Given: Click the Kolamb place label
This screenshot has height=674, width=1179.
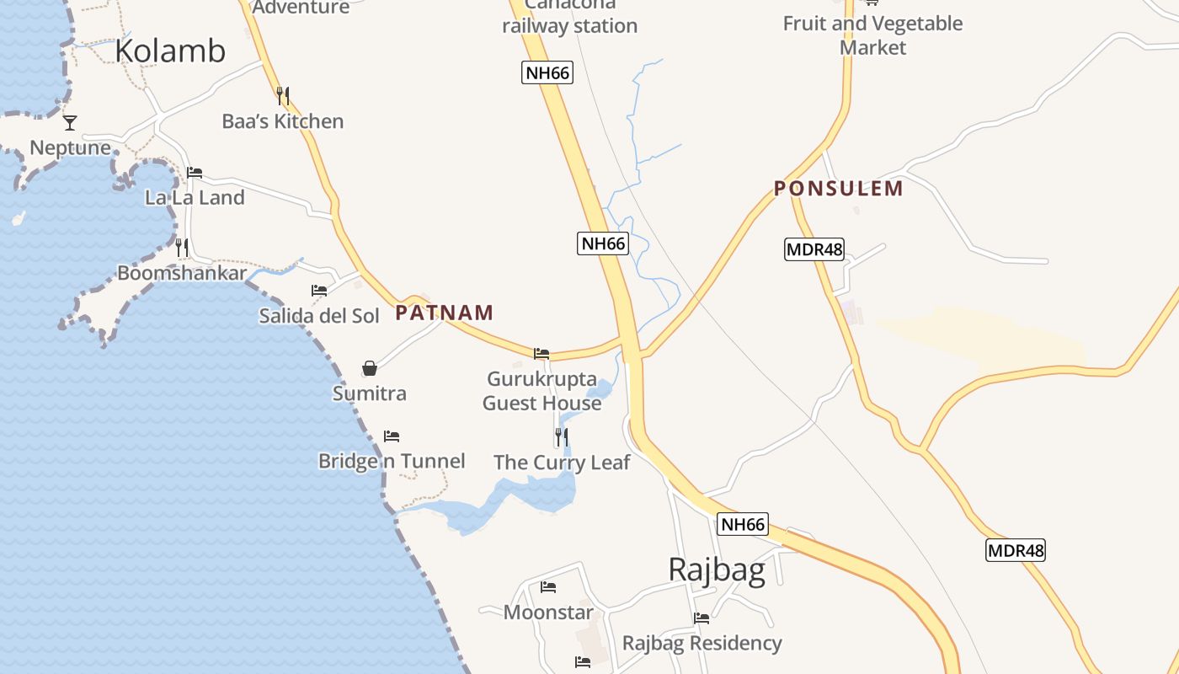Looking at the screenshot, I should point(170,51).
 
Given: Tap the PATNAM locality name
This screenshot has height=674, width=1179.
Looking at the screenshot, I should point(445,313).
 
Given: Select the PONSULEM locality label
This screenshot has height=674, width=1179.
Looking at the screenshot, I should point(839,189).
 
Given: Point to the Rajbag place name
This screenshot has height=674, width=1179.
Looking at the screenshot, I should point(717,570).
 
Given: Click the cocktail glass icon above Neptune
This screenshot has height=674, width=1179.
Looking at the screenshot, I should point(70,123).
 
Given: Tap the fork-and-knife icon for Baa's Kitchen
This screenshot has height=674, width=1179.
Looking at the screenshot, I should point(283,96).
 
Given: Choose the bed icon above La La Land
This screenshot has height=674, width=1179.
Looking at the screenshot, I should point(195,173).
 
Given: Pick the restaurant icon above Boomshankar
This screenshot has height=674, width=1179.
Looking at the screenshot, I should point(182,248).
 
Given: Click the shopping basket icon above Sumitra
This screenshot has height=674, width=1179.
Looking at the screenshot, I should point(370,368).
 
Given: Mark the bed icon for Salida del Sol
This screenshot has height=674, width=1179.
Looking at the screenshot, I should point(319,291).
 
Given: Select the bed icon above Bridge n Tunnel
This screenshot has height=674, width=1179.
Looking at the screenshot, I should point(392,436).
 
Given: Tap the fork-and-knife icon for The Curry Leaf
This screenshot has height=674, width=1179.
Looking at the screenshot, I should point(561,437).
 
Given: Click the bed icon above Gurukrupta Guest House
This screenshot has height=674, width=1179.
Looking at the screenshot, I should point(541,354).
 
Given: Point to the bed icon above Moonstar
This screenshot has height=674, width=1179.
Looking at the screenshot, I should point(548,587).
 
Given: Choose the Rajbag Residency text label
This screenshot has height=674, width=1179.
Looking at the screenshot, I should point(702,644).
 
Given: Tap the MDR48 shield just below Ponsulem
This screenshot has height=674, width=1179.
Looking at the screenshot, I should point(814,249).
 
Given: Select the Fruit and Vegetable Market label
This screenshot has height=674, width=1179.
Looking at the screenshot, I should point(872,35).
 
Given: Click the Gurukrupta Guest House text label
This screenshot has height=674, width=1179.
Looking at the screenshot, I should point(542,391).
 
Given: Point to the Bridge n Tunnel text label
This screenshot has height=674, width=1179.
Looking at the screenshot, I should point(392,461).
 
